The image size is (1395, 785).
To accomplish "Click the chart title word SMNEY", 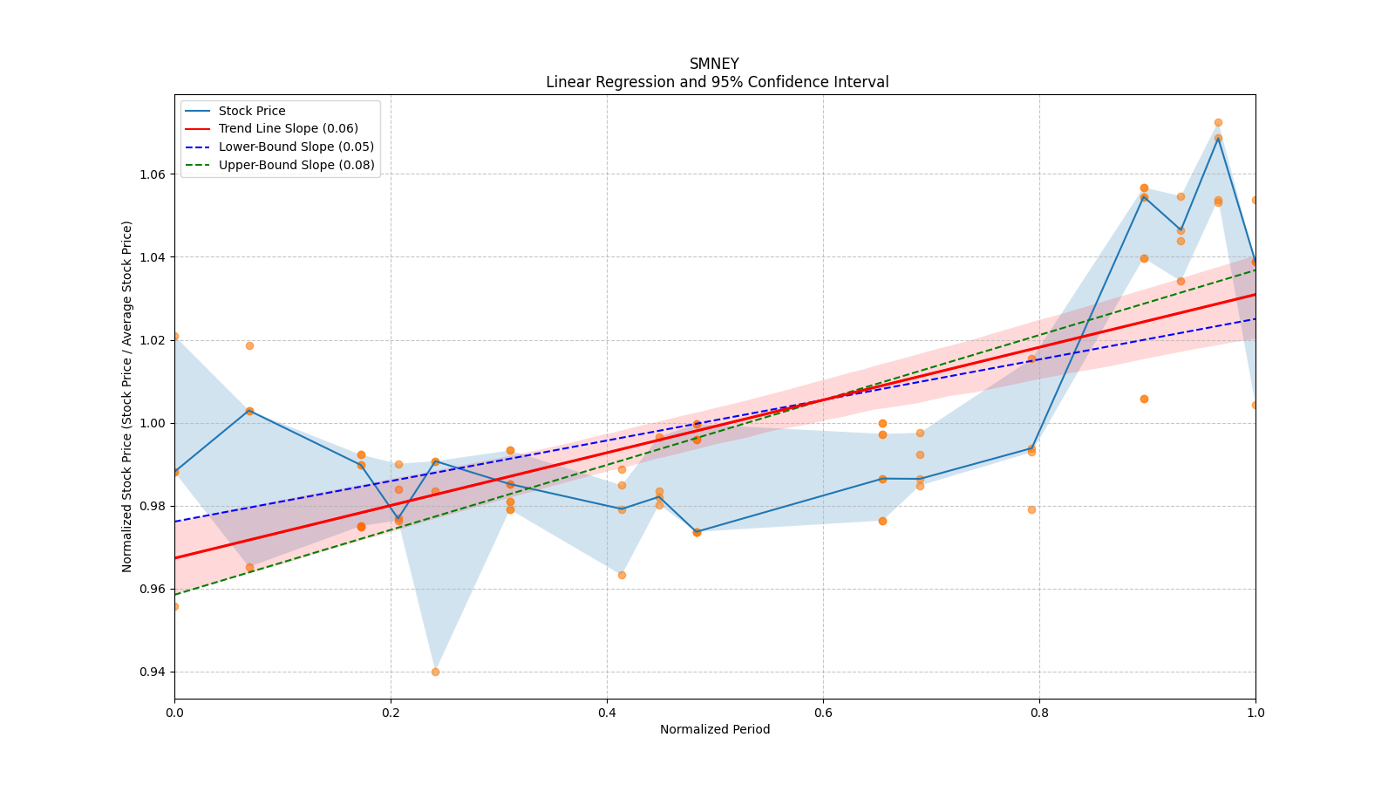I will pyautogui.click(x=714, y=64).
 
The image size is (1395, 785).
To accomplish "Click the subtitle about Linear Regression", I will pyautogui.click(x=717, y=82).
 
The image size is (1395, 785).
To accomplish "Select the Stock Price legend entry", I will pyautogui.click(x=252, y=111).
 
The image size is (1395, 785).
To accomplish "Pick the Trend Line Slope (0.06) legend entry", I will pyautogui.click(x=288, y=129).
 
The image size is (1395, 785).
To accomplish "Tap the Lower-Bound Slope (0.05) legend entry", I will pyautogui.click(x=296, y=147).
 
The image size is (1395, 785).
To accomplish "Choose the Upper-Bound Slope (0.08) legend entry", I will pyautogui.click(x=296, y=166).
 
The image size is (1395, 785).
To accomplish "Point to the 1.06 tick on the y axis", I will pyautogui.click(x=153, y=174).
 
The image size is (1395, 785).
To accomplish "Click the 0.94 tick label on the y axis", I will pyautogui.click(x=153, y=672).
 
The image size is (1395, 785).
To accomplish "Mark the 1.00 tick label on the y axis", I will pyautogui.click(x=153, y=424).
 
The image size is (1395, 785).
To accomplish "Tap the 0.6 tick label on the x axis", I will pyautogui.click(x=823, y=713).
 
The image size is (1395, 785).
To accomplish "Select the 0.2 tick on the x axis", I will pyautogui.click(x=391, y=713).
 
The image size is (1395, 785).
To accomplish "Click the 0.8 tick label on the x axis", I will pyautogui.click(x=1039, y=713).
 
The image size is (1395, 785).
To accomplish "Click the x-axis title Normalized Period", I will pyautogui.click(x=715, y=729).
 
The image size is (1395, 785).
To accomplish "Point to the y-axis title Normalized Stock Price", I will pyautogui.click(x=127, y=396).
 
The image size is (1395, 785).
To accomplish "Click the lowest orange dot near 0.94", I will pyautogui.click(x=435, y=672).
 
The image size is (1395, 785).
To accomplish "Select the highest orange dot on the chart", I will pyautogui.click(x=1218, y=123).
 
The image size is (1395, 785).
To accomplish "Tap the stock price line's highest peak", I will pyautogui.click(x=1218, y=138).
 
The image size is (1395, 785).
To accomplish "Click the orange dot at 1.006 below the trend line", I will pyautogui.click(x=1144, y=399).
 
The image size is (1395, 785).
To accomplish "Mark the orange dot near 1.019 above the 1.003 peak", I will pyautogui.click(x=249, y=345).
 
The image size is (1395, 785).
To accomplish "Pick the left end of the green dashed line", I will pyautogui.click(x=175, y=595).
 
